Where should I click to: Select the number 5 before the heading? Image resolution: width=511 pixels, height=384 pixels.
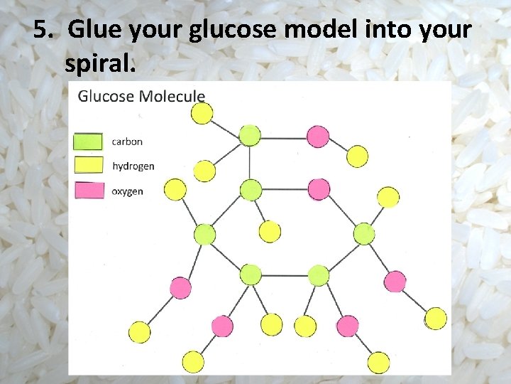coord(42,30)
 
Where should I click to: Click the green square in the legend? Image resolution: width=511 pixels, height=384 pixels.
coord(88,141)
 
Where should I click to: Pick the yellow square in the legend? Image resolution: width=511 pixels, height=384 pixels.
coord(88,166)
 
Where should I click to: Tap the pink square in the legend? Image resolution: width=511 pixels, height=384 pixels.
coord(88,191)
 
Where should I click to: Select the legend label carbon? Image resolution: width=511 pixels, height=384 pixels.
coord(127,142)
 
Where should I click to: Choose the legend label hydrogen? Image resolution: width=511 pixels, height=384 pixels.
coord(133,166)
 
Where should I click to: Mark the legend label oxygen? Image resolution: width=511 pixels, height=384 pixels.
coord(128,191)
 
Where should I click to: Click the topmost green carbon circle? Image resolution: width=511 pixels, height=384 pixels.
coord(250,135)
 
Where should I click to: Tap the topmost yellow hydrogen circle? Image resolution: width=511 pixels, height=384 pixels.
coord(202,113)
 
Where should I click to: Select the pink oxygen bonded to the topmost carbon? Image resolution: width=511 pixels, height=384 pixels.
coord(317,136)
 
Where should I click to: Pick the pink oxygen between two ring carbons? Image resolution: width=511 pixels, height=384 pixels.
coord(319,189)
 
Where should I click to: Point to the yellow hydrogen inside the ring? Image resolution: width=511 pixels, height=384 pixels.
coord(270,231)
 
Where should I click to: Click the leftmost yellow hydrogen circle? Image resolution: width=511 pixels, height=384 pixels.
coord(140,331)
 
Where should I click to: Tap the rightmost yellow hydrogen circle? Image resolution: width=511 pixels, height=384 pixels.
coord(436,318)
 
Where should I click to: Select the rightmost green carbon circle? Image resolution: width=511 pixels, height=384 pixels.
coord(364,233)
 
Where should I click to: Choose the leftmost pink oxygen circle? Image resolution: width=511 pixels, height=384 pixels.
coord(180,288)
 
